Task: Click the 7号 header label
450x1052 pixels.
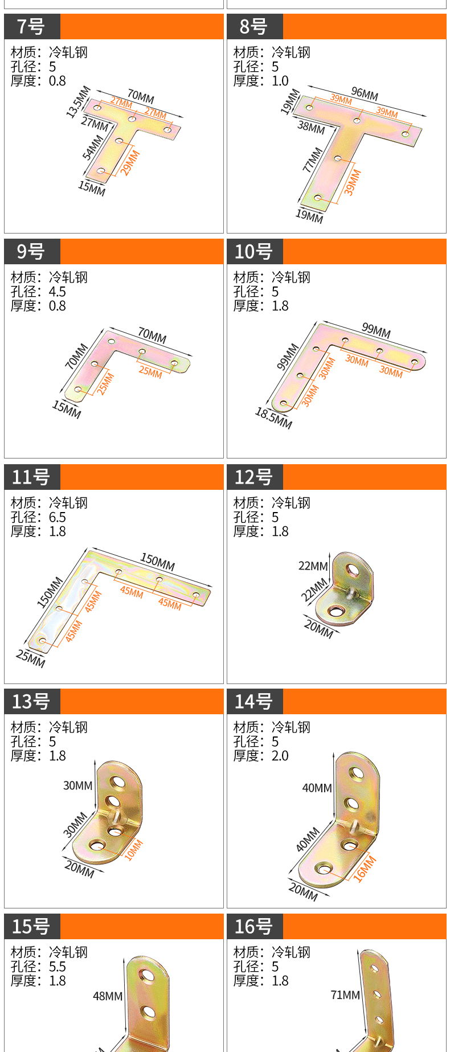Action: pyautogui.click(x=31, y=27)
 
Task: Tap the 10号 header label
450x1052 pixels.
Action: pyautogui.click(x=253, y=252)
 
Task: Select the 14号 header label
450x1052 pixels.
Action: pyautogui.click(x=253, y=702)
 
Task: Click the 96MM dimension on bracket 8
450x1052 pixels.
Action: pyautogui.click(x=365, y=94)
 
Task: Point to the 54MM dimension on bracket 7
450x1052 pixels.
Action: pyautogui.click(x=92, y=147)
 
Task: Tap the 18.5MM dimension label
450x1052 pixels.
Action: pyautogui.click(x=273, y=418)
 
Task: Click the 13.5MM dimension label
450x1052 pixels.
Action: pyautogui.click(x=78, y=101)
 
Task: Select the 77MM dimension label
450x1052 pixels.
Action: pyautogui.click(x=313, y=160)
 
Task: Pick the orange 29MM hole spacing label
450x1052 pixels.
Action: pyautogui.click(x=130, y=162)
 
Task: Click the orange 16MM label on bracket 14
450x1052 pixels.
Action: pyautogui.click(x=365, y=869)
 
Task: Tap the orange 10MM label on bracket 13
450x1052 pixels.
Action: pyautogui.click(x=134, y=850)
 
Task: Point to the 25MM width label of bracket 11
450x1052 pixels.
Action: pyautogui.click(x=30, y=658)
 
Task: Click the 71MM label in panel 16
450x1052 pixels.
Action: pyautogui.click(x=345, y=994)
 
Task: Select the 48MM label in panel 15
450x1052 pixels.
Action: pyautogui.click(x=108, y=996)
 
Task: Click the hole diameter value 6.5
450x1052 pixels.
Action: pyautogui.click(x=58, y=517)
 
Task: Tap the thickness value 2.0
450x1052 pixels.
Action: pyautogui.click(x=280, y=756)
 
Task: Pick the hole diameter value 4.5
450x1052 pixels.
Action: pyautogui.click(x=58, y=292)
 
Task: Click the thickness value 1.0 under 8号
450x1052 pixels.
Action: pyautogui.click(x=280, y=81)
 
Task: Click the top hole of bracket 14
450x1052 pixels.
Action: pyautogui.click(x=357, y=773)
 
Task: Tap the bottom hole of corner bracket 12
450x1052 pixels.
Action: pyautogui.click(x=336, y=612)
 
